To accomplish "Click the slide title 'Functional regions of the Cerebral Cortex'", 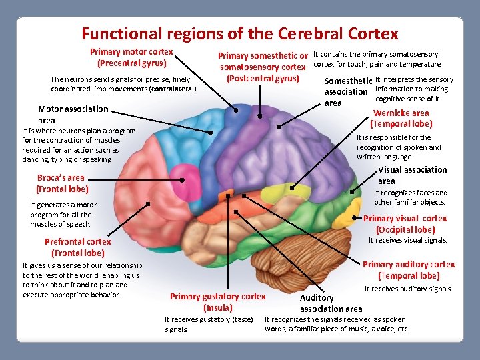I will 239,33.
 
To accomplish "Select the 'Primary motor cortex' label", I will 131,52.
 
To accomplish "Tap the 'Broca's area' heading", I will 61,178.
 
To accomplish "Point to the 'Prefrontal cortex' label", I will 77,242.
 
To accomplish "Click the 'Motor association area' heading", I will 73,109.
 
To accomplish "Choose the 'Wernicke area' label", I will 401,113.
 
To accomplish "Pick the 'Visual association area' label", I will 412,170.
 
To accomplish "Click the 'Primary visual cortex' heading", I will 405,219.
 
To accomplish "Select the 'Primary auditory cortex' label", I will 408,265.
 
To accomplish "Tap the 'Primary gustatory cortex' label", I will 217,297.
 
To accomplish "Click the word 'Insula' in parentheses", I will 218,308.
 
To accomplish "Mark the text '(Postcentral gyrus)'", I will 262,79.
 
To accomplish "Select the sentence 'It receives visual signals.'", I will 407,241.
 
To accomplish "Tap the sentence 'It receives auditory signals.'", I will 407,289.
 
